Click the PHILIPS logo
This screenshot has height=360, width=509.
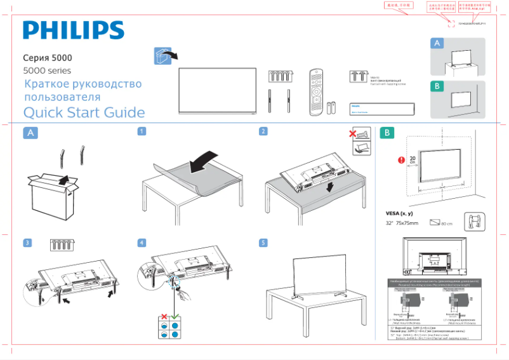[x=74, y=30]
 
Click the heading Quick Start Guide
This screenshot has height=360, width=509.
[x=84, y=113]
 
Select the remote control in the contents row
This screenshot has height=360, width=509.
[x=316, y=91]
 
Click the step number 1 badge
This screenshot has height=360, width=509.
[x=142, y=131]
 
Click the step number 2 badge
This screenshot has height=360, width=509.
[x=263, y=131]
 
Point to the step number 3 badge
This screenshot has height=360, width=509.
[x=27, y=243]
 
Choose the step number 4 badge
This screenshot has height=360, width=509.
[x=142, y=243]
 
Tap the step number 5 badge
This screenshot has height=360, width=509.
[x=263, y=243]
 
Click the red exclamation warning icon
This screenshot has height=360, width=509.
[x=400, y=160]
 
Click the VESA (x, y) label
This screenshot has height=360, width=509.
[x=399, y=213]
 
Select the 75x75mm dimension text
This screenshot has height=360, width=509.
[x=408, y=223]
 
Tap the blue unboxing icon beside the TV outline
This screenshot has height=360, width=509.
[x=163, y=55]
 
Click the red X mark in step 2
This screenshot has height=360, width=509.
[x=353, y=133]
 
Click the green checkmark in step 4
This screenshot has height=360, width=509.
[x=174, y=316]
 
